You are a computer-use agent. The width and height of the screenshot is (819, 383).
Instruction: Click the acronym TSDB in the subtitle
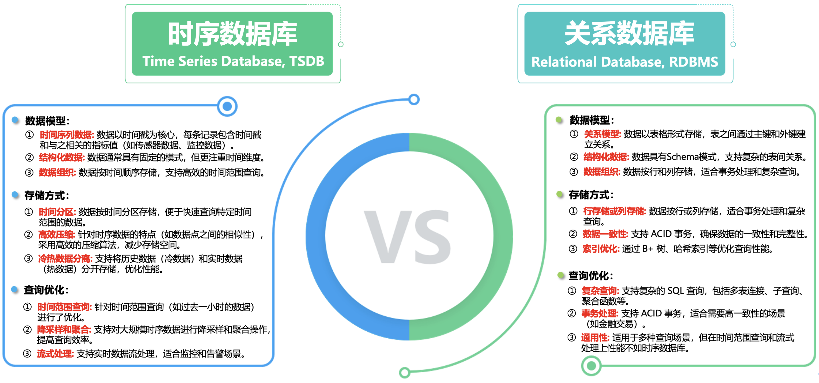pyautogui.click(x=307, y=61)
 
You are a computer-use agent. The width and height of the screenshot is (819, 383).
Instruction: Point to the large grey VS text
pyautogui.click(x=408, y=237)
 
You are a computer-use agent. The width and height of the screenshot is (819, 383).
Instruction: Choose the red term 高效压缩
pyautogui.click(x=56, y=235)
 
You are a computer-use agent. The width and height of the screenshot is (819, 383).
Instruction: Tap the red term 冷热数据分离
pyautogui.click(x=65, y=259)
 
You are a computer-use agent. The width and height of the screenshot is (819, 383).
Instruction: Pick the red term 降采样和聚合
pyautogui.click(x=64, y=329)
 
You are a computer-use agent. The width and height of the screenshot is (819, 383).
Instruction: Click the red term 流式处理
pyautogui.click(x=55, y=353)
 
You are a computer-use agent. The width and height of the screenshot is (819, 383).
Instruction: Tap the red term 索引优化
pyautogui.click(x=601, y=249)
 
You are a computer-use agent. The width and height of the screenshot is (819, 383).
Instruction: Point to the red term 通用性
pyautogui.click(x=595, y=337)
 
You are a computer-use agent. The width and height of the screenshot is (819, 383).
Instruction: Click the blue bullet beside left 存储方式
pyautogui.click(x=15, y=195)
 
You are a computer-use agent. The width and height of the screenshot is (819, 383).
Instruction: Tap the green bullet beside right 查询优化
pyautogui.click(x=561, y=275)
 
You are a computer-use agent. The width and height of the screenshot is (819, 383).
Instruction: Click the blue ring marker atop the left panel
pyautogui.click(x=227, y=106)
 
